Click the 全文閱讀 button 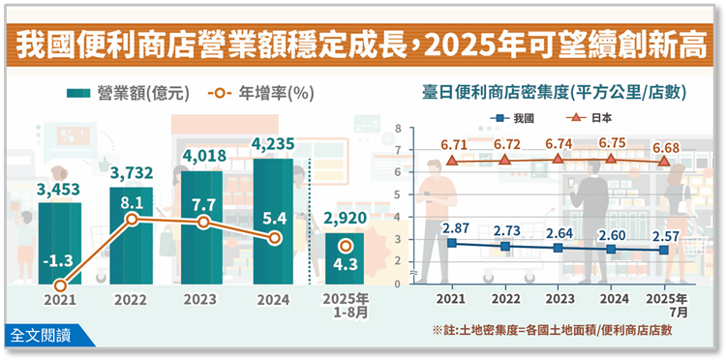tap(40, 336)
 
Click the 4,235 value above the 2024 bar tap(274, 144)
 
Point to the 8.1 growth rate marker tap(132, 220)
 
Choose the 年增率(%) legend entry tap(260, 95)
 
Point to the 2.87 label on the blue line tap(455, 228)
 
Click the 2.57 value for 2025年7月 tap(664, 235)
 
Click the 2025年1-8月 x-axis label tap(345, 305)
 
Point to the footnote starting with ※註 tap(552, 330)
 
